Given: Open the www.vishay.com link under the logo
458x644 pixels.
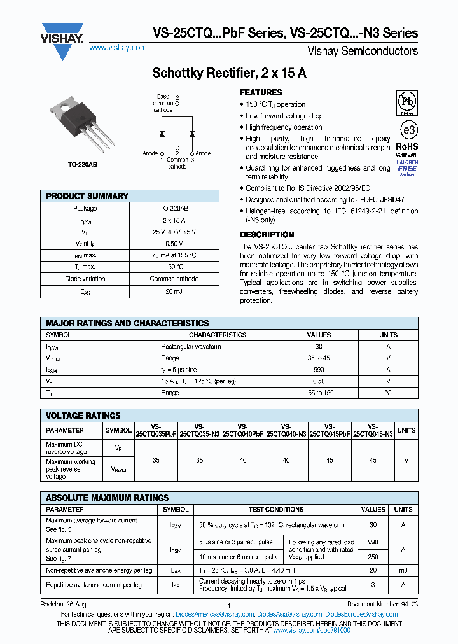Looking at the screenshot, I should pos(117,48).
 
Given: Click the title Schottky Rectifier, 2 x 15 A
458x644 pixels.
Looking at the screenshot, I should pos(229,73).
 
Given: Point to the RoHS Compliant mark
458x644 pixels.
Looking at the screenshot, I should pos(407,150).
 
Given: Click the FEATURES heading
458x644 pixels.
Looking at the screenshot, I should pos(261,92).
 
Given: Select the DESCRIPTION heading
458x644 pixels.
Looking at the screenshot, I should pos(267,235).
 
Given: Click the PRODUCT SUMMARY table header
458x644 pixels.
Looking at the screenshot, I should pos(87,196).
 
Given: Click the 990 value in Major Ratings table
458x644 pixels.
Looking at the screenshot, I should pos(319,369).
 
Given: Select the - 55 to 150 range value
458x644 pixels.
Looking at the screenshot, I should pos(319,393).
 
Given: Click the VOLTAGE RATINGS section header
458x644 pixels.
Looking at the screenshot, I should pos(83,416).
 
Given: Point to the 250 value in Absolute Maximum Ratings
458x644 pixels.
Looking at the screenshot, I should pos(373,557).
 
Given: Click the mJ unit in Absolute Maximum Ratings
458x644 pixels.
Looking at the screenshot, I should pos(403,570).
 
